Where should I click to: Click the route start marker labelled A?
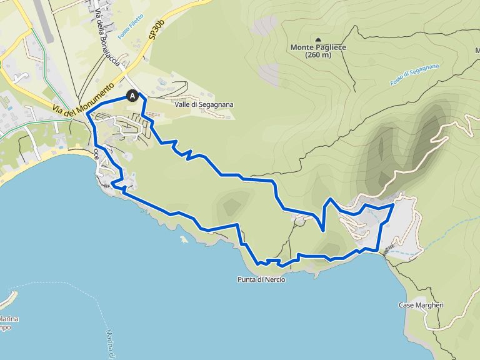[132, 96]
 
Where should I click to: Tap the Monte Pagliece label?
[318, 47]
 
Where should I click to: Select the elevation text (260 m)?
[318, 55]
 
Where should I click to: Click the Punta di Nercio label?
[261, 279]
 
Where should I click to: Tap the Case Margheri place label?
[421, 305]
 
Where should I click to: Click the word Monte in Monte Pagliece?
[301, 47]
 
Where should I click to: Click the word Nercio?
[274, 279]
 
